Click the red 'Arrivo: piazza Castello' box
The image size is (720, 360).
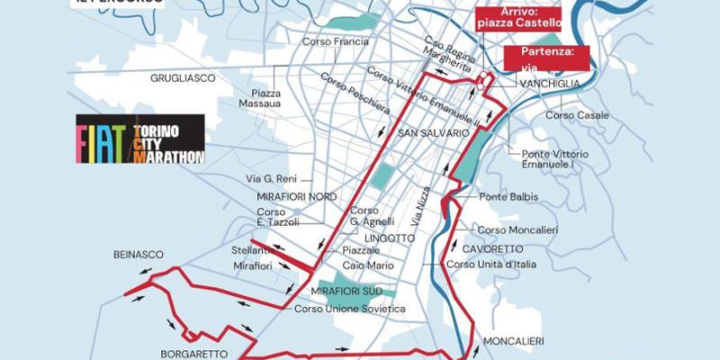(517, 18)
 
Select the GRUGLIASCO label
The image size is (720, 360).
(183, 78)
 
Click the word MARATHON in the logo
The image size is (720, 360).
(169, 156)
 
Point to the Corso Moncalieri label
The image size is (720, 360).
(517, 229)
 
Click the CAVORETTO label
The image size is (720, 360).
(491, 248)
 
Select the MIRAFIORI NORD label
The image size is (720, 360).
(271, 196)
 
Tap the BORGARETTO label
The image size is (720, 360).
(193, 353)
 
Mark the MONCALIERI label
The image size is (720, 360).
(514, 342)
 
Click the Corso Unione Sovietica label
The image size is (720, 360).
(350, 309)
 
